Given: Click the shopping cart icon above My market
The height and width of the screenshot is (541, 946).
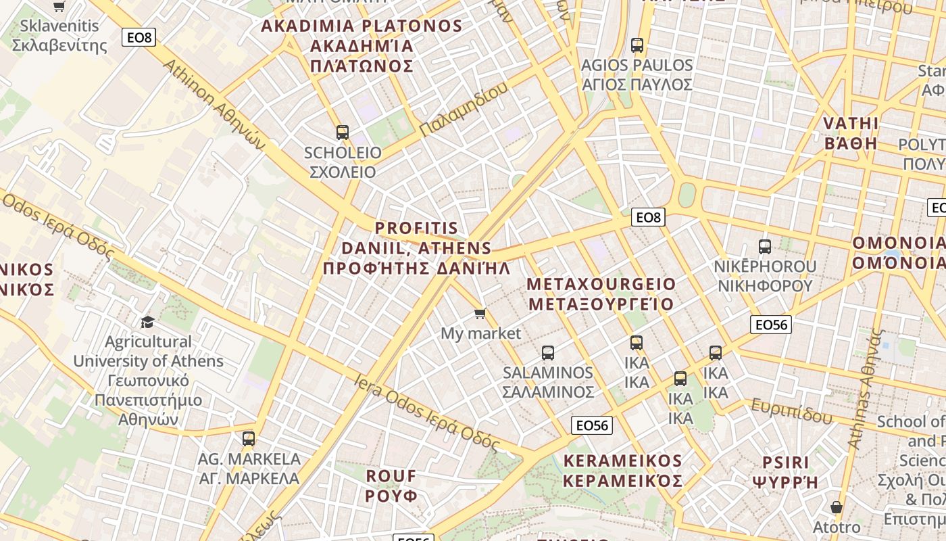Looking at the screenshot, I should [480, 312].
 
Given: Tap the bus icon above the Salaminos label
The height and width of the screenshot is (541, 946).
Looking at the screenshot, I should [548, 352].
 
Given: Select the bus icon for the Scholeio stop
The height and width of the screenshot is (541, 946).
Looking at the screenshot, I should [343, 132].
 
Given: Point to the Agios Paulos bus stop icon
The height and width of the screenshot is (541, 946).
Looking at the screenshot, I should [637, 45].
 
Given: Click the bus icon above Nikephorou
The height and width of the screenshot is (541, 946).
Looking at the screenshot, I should [765, 247].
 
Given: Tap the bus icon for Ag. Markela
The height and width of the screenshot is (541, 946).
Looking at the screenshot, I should [249, 438].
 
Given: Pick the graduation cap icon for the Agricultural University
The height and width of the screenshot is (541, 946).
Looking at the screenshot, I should [147, 321].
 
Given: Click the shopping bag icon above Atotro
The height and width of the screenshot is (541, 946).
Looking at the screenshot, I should [837, 507].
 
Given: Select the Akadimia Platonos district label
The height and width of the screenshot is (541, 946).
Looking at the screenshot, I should [362, 46].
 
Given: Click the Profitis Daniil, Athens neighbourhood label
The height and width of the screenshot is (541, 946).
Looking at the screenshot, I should [416, 248].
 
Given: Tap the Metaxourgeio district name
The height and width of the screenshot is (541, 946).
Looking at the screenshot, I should [601, 293].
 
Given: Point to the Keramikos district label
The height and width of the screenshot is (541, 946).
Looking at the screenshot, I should [623, 471].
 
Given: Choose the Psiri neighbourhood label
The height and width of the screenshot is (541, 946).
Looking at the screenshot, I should [785, 472].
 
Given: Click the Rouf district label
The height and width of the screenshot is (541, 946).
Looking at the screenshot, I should [392, 485].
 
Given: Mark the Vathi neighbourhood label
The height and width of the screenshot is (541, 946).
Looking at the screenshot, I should [851, 133].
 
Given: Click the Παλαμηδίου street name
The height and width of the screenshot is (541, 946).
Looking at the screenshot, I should [463, 108].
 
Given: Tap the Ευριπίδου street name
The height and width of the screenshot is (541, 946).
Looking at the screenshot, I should [791, 410].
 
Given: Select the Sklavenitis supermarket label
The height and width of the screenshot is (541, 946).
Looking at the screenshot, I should [59, 36].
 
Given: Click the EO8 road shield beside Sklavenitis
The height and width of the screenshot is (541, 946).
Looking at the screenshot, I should [139, 37].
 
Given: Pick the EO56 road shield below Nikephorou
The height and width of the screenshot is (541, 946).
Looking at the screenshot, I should [771, 325].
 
